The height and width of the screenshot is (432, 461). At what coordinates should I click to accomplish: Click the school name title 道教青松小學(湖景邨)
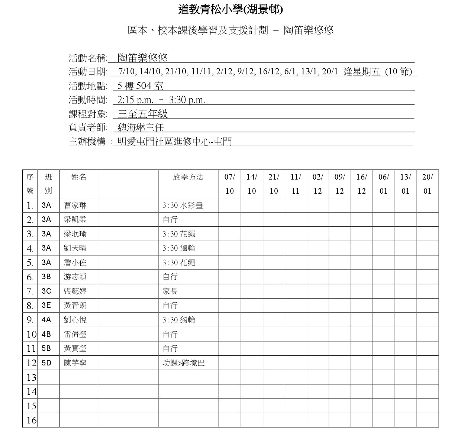tap(230, 10)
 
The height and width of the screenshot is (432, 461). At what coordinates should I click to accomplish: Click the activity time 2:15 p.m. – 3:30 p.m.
tap(161, 100)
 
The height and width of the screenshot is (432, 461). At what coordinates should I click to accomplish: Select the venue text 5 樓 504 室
tap(140, 86)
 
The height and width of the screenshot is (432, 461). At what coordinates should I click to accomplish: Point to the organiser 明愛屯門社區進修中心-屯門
tap(174, 142)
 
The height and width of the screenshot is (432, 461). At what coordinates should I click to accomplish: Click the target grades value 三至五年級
tap(142, 114)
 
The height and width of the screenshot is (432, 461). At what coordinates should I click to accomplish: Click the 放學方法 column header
tap(188, 177)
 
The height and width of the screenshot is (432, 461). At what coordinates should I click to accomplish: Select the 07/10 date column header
tap(230, 184)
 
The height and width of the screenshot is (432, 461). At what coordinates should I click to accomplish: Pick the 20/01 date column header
tap(428, 184)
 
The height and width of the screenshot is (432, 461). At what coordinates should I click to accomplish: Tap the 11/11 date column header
tap(296, 184)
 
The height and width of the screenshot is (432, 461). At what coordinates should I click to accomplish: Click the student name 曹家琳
tap(75, 205)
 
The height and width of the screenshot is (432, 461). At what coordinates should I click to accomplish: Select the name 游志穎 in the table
tap(75, 277)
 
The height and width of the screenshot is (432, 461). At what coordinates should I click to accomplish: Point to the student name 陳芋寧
tap(75, 363)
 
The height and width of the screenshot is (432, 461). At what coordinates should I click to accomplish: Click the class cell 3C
tap(46, 291)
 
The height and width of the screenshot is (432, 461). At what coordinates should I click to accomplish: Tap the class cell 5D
tap(46, 363)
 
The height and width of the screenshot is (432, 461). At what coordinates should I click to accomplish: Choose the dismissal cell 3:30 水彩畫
tap(183, 205)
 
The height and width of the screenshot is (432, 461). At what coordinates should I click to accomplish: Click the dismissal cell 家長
tap(170, 291)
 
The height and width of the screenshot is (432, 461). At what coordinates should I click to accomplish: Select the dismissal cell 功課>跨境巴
tap(184, 363)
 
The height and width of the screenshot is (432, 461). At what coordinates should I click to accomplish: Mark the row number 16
tap(32, 420)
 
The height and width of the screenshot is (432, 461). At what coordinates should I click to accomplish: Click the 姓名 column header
tap(78, 177)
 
